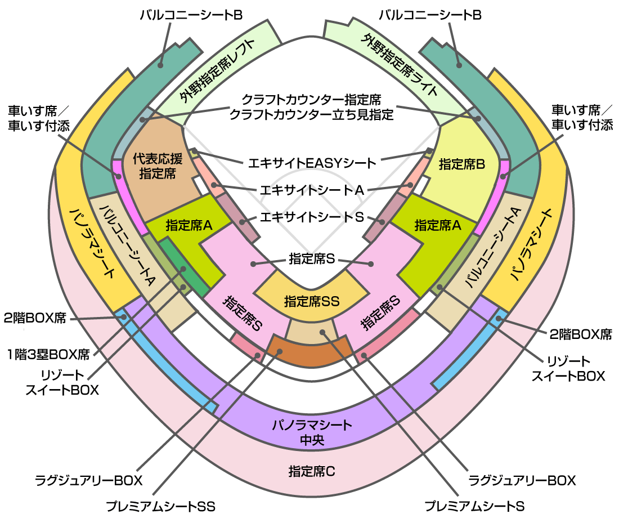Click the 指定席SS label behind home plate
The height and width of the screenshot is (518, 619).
tap(312, 301)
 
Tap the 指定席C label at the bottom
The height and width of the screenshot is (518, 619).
tap(312, 471)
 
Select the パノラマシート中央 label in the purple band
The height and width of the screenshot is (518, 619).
tap(312, 432)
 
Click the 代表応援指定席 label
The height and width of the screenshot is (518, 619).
tap(158, 166)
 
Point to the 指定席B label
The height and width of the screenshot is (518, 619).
tap(462, 164)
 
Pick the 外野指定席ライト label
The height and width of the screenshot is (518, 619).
tap(400, 66)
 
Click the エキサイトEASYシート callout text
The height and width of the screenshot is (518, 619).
tap(312, 163)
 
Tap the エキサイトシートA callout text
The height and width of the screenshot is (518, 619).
tap(312, 190)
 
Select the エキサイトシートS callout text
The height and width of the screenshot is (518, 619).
tap(312, 217)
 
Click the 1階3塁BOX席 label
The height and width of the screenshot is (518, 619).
tap(48, 354)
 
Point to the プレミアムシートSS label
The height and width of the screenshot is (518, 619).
tap(161, 506)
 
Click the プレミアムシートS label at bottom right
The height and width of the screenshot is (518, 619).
tap(474, 506)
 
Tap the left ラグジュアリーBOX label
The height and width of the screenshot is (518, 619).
tap(88, 480)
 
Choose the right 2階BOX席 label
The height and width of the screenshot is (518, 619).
tap(581, 334)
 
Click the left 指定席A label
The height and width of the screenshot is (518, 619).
tap(189, 226)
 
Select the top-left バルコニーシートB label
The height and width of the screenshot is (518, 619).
tap(191, 15)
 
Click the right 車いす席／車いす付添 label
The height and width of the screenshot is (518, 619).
tap(582, 117)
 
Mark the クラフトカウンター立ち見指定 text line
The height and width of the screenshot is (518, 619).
tap(312, 115)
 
